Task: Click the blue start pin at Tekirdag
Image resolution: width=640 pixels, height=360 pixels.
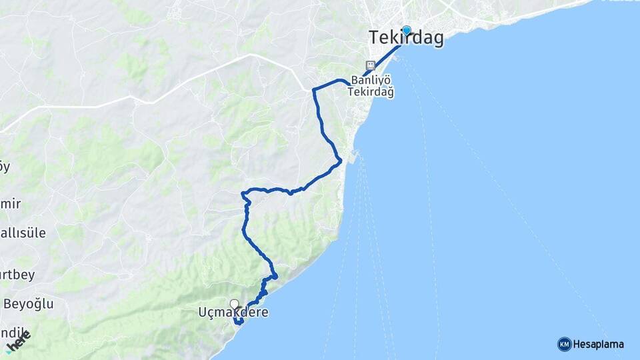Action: point(406,30)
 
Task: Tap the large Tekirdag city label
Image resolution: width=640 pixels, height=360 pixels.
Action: point(407,39)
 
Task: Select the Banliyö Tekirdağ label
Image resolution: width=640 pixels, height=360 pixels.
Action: point(371,86)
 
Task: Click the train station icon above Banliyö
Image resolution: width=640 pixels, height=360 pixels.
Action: point(371,66)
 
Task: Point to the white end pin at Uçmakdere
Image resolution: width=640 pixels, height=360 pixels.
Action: point(234,305)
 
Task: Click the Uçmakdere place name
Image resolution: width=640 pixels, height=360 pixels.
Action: point(233,312)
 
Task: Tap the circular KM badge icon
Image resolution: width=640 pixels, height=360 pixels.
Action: point(564,344)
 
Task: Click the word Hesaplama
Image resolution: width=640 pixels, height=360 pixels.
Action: point(598,345)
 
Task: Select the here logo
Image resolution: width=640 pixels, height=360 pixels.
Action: point(19,342)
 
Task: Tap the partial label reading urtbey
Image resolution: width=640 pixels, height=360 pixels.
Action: point(17,274)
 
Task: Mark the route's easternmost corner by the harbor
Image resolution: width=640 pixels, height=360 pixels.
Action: point(341,160)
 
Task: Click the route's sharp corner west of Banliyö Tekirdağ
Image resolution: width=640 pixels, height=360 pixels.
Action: point(313,89)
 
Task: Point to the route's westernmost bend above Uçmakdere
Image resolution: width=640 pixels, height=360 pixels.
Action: point(243,194)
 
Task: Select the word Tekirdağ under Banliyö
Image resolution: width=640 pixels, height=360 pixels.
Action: point(371,93)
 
